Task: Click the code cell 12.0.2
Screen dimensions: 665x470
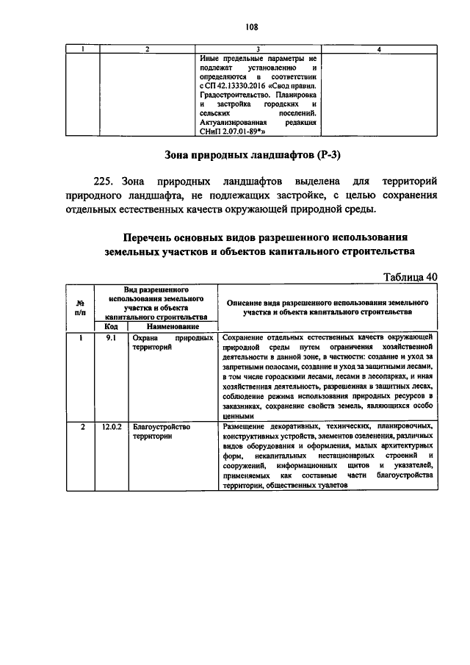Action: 111,426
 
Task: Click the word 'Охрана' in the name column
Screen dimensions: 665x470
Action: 145,337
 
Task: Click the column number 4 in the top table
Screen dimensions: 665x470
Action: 379,48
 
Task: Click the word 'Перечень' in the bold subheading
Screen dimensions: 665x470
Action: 151,237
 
